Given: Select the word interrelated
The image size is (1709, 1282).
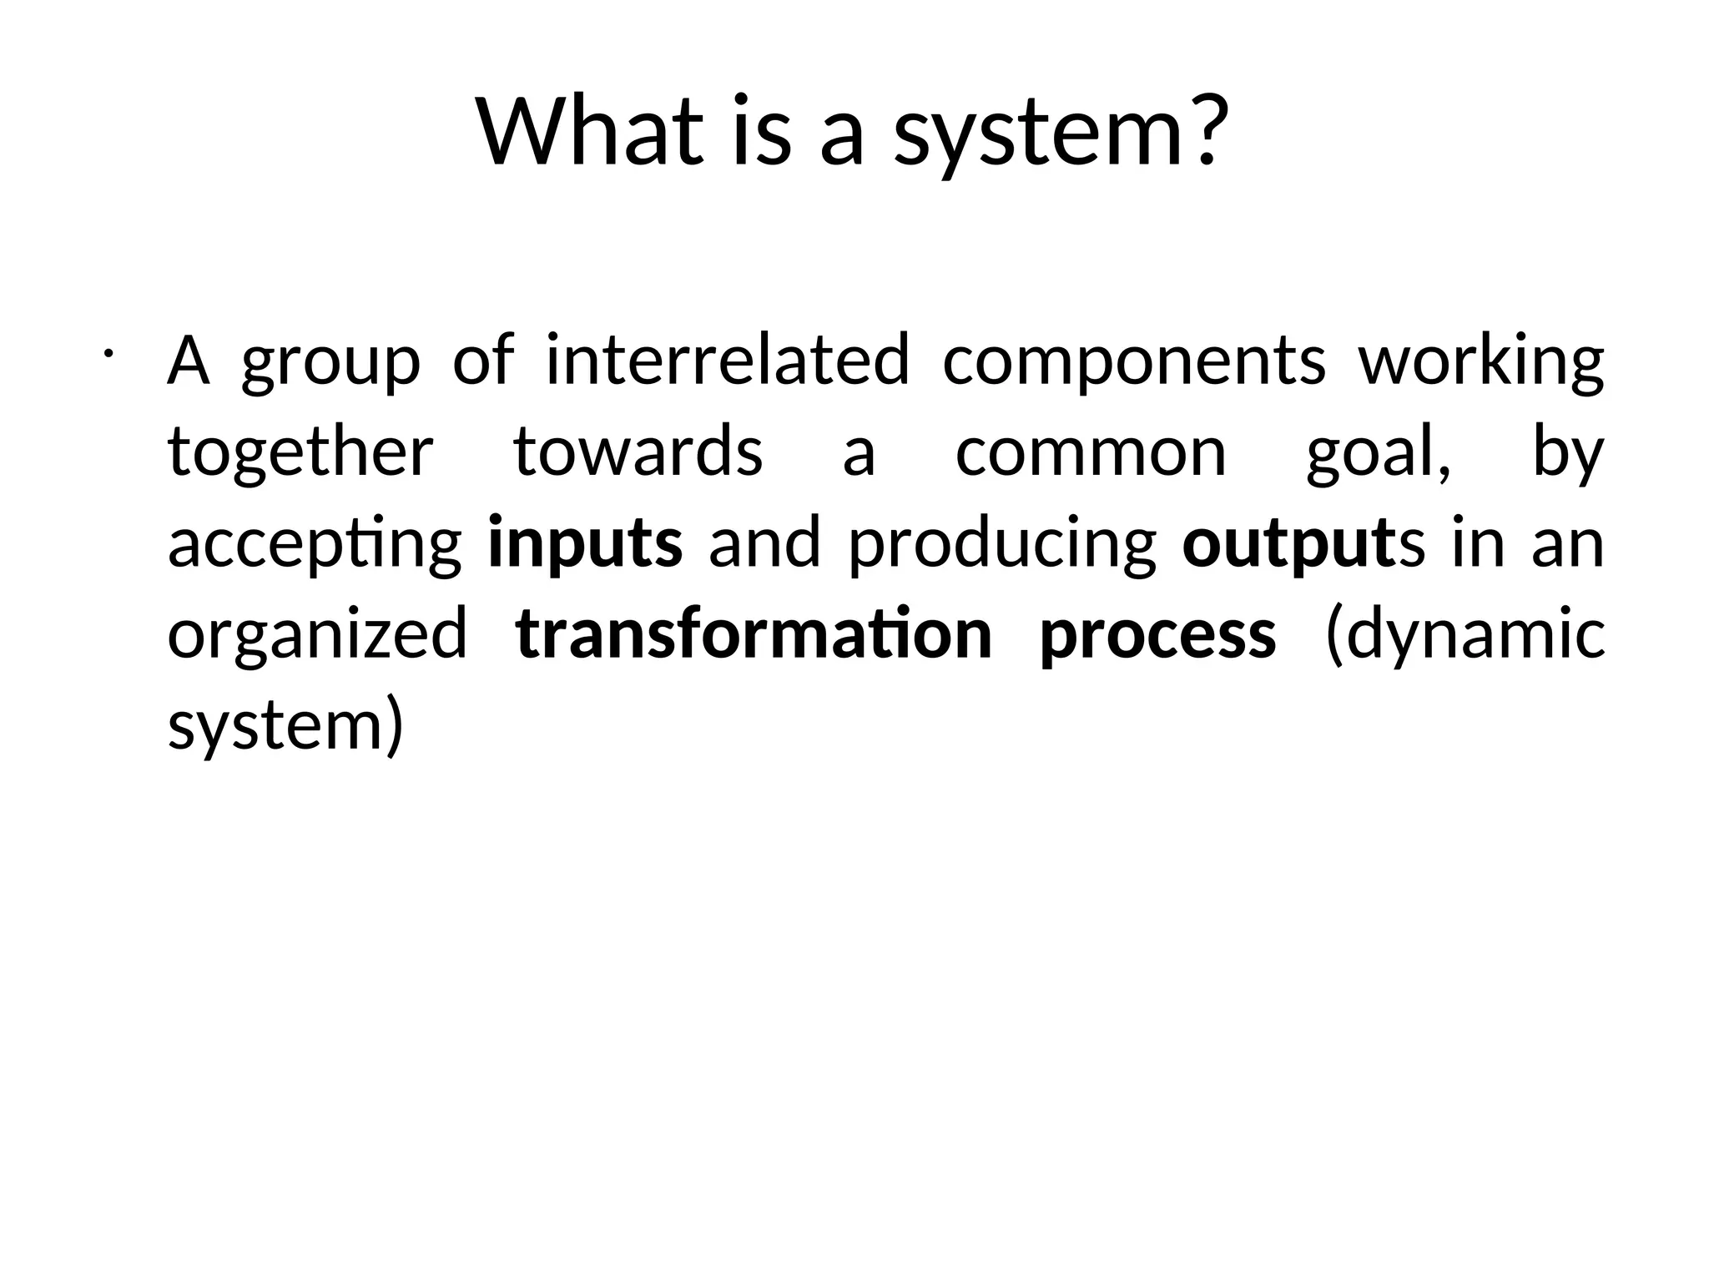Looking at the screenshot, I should (x=728, y=361).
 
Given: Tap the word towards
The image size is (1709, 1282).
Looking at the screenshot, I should (x=638, y=453).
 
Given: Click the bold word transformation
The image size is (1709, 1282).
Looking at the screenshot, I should (x=754, y=635).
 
